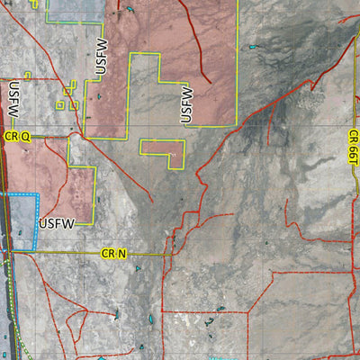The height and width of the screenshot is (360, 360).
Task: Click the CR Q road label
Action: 17,137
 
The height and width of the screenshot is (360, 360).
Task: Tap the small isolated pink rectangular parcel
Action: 163,152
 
